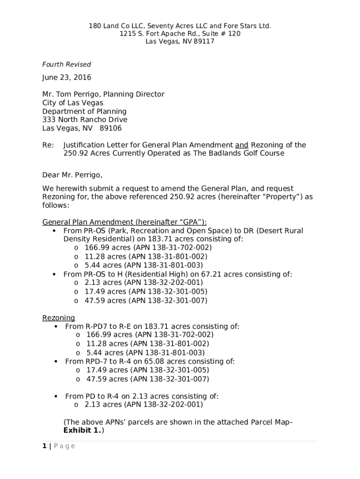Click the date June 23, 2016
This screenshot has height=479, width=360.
[66, 78]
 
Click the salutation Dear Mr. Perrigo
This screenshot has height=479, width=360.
[72, 175]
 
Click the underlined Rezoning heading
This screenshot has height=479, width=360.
[58, 318]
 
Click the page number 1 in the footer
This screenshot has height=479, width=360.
[44, 446]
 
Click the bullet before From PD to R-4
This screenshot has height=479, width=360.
[56, 397]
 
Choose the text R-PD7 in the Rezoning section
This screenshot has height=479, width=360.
[95, 327]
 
